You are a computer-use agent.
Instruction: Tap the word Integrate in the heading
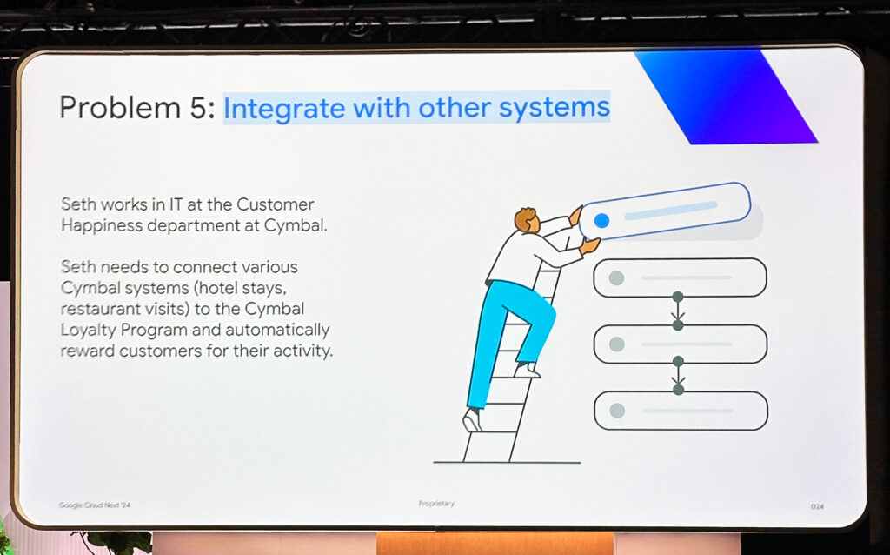click(284, 109)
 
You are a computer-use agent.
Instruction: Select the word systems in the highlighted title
click(555, 108)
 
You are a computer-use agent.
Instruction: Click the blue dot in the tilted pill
click(601, 220)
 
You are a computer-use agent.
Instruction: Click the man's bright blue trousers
click(508, 335)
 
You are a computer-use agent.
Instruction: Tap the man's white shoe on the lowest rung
click(472, 420)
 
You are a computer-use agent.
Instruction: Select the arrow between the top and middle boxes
click(678, 311)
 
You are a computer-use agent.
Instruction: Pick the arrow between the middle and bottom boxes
click(678, 376)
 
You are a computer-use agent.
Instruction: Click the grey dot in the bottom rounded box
click(617, 410)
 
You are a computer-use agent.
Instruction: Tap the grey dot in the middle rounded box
click(616, 344)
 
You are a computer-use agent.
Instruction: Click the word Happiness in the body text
click(102, 226)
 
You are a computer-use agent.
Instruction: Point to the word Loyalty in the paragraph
click(88, 331)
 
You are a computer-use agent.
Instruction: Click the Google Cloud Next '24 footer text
click(94, 505)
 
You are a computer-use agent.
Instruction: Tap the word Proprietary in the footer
click(436, 504)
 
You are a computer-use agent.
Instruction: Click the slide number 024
click(817, 506)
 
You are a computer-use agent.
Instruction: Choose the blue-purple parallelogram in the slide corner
click(727, 97)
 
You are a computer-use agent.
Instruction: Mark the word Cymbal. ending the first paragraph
click(296, 226)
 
